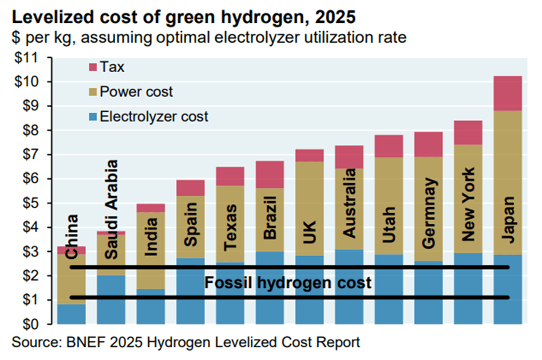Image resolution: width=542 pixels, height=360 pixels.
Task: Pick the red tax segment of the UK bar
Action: click(x=309, y=155)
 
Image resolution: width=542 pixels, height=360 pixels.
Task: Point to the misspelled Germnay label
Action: click(x=429, y=211)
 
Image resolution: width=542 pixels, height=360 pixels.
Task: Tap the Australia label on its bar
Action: click(x=349, y=203)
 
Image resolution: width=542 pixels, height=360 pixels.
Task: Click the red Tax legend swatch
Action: click(x=93, y=68)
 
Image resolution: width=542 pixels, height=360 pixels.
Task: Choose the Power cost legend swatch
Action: click(x=93, y=92)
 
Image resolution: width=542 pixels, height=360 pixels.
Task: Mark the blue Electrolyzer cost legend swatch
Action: click(x=93, y=117)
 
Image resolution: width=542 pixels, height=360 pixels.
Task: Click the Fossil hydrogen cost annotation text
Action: click(x=287, y=283)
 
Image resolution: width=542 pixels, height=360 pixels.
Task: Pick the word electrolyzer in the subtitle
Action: click(x=271, y=38)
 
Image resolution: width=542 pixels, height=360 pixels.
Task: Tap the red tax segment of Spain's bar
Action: click(x=190, y=188)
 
